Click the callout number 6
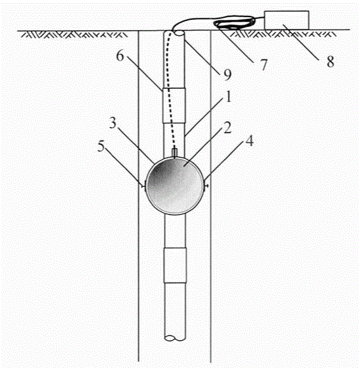pyautogui.click(x=120, y=56)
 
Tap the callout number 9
pyautogui.click(x=227, y=75)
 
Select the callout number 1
pyautogui.click(x=229, y=96)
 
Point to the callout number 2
pyautogui.click(x=227, y=128)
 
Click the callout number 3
pyautogui.click(x=113, y=122)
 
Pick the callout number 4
pyautogui.click(x=250, y=141)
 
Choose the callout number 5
pyautogui.click(x=101, y=146)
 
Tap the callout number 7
pyautogui.click(x=264, y=64)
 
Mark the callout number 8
pyautogui.click(x=331, y=62)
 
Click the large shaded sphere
pyautogui.click(x=174, y=186)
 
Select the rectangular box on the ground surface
pyautogui.click(x=287, y=20)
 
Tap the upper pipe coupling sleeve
pyautogui.click(x=174, y=105)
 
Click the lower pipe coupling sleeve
pyautogui.click(x=175, y=265)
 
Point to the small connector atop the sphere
pyautogui.click(x=175, y=152)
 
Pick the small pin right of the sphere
pyautogui.click(x=206, y=186)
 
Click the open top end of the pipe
pyautogui.click(x=178, y=33)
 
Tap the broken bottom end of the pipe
pyautogui.click(x=175, y=338)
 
